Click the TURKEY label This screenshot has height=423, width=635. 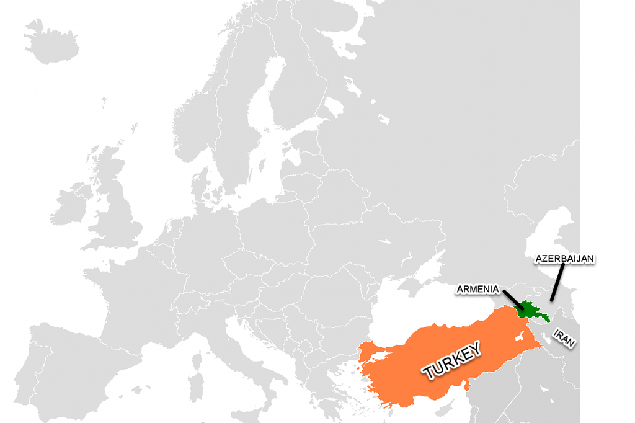point(451,360)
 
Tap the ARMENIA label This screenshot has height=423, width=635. point(477,289)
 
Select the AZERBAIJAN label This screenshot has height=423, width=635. point(564,258)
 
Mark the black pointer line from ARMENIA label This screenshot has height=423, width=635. point(513,300)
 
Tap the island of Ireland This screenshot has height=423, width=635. point(71,202)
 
